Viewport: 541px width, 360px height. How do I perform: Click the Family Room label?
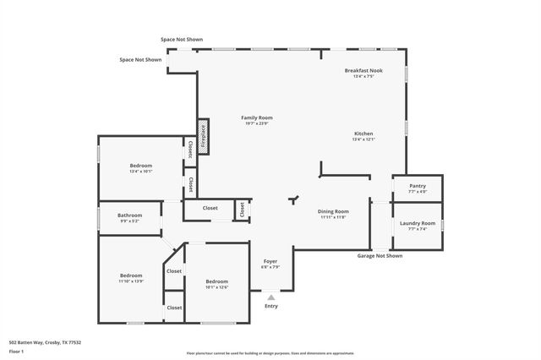256,117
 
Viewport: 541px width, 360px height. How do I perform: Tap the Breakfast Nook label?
363,70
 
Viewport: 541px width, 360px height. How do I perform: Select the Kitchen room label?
363,134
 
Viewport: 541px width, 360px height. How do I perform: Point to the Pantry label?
417,185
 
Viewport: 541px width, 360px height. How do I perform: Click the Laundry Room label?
417,223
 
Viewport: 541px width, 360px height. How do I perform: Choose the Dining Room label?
333,211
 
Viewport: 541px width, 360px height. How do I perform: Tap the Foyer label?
270,261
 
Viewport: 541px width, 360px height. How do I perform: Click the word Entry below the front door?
270,307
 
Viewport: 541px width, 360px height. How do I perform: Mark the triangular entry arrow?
270,297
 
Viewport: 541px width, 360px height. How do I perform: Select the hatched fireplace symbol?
203,136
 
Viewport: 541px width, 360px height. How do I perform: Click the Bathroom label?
129,215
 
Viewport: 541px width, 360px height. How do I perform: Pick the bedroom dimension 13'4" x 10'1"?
140,172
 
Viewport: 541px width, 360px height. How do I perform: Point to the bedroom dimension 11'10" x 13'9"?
131,281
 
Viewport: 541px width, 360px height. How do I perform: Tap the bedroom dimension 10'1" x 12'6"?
216,287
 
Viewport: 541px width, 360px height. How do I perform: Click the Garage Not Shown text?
380,255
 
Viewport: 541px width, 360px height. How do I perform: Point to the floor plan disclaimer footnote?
270,353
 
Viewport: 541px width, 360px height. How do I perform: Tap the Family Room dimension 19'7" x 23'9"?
256,124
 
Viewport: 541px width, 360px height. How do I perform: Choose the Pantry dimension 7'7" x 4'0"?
417,192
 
